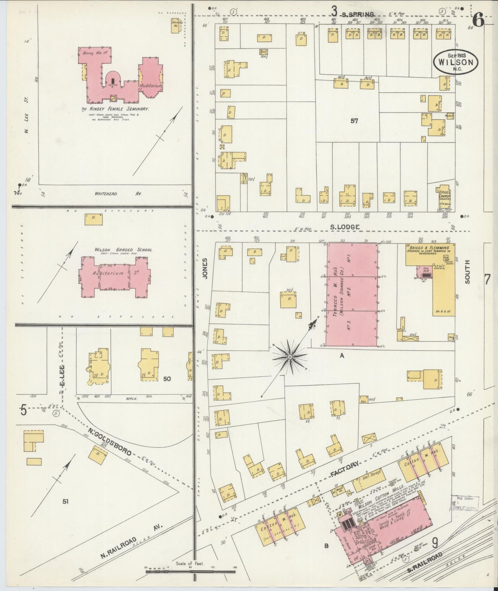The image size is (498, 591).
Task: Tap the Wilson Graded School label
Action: (123, 250)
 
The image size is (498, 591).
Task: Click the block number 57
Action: (354, 121)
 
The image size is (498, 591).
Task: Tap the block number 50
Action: (167, 379)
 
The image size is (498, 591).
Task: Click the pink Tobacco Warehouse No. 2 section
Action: (352, 294)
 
